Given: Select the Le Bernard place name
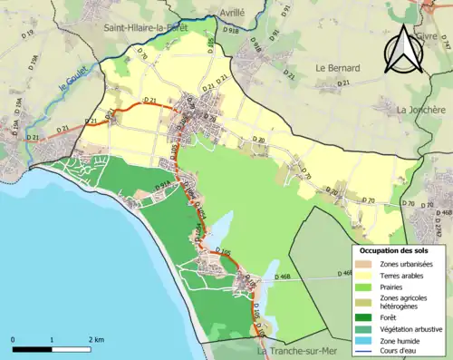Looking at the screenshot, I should pyautogui.click(x=337, y=68).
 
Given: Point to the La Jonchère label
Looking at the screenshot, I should pyautogui.click(x=420, y=110).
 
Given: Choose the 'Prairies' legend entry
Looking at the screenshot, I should pyautogui.click(x=393, y=286).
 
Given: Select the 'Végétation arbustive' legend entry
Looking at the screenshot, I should pyautogui.click(x=412, y=328).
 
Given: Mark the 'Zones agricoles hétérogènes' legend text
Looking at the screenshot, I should pyautogui.click(x=404, y=302).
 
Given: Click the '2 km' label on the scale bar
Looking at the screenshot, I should pyautogui.click(x=94, y=339).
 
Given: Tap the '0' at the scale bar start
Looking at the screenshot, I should pyautogui.click(x=14, y=339).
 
